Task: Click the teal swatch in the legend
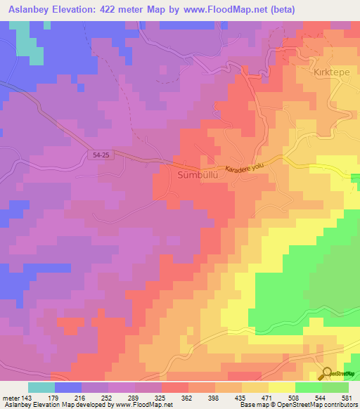(41, 387)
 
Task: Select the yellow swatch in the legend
(281, 387)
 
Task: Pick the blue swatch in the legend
(68, 387)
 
